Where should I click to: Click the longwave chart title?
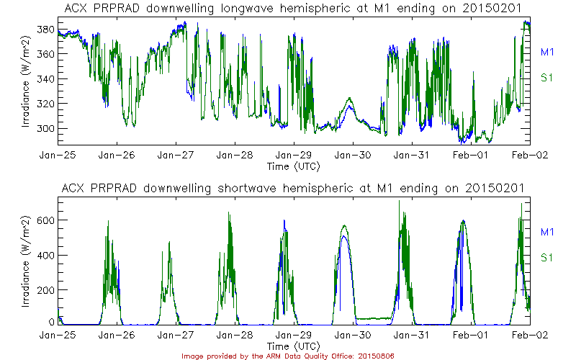(293, 8)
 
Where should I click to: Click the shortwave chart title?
(293, 188)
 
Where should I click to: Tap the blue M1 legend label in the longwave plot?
(547, 52)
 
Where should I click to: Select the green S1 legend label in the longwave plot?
(547, 78)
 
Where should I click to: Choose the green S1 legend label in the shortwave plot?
(547, 257)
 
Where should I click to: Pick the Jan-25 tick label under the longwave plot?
(58, 155)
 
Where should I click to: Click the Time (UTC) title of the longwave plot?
(294, 166)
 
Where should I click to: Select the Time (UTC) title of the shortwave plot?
(294, 346)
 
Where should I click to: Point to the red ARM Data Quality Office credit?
(288, 356)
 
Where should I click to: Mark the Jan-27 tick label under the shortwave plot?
(176, 335)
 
